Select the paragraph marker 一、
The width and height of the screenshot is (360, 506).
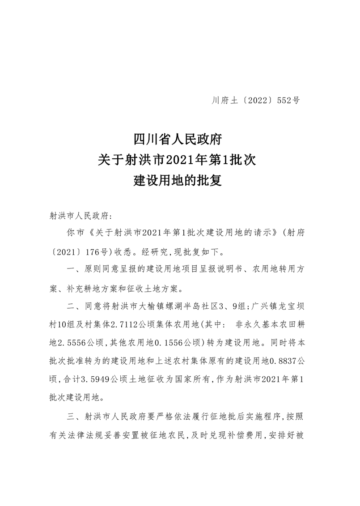[72, 270]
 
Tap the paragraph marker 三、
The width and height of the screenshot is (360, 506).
[72, 417]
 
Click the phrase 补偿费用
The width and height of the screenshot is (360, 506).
[250, 434]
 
